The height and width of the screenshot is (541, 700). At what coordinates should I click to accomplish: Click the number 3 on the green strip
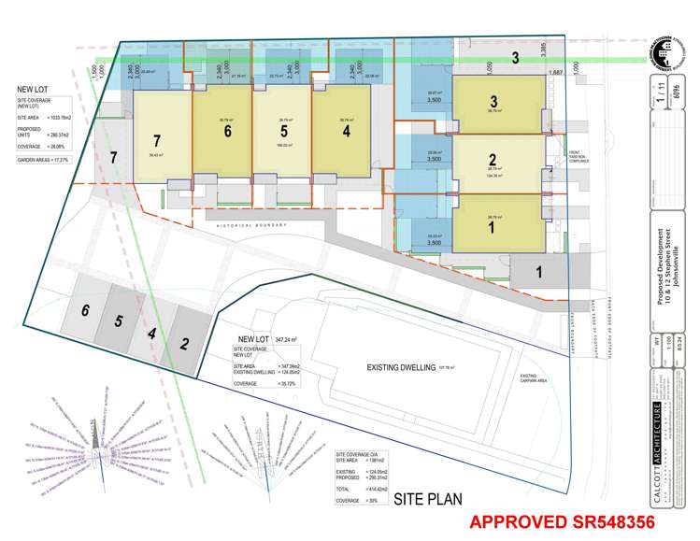click(x=515, y=59)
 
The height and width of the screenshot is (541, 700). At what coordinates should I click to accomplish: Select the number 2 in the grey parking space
click(x=185, y=343)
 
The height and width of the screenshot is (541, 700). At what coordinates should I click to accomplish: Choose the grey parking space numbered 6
click(x=85, y=311)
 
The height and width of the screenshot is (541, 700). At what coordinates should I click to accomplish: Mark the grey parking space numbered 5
click(x=120, y=321)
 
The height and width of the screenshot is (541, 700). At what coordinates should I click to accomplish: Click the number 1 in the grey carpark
click(x=539, y=273)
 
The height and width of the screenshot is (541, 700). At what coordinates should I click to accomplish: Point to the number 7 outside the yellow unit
click(x=114, y=156)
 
